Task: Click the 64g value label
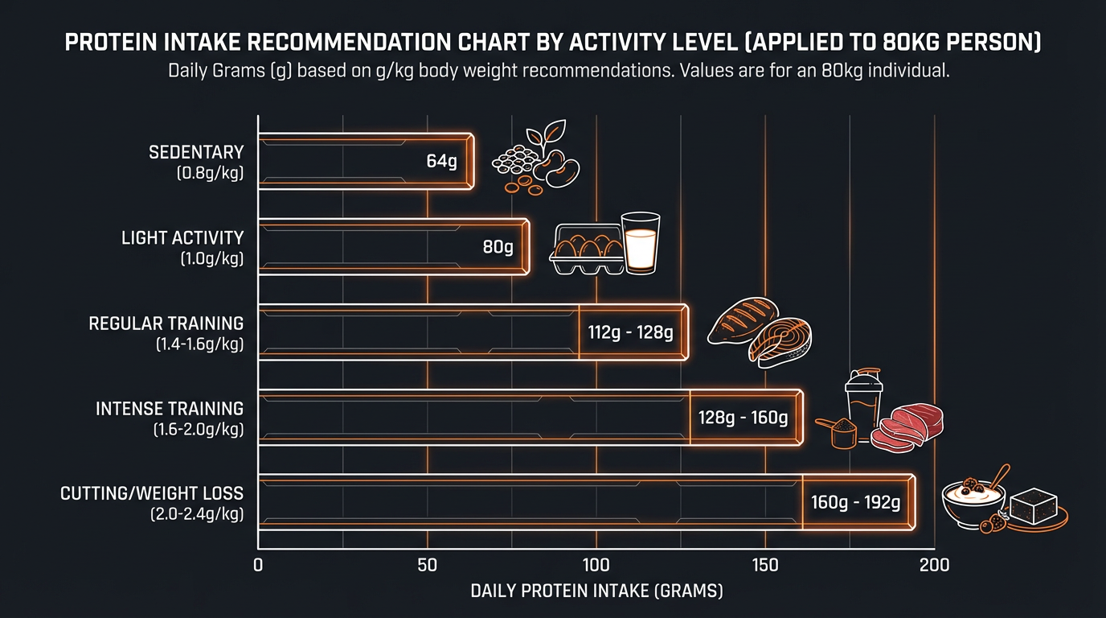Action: tap(441, 161)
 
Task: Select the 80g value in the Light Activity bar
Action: tap(498, 247)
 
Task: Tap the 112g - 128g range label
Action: tap(630, 332)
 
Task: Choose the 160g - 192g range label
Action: tap(855, 503)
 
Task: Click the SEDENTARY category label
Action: tap(195, 152)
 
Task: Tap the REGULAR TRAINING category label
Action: tap(166, 323)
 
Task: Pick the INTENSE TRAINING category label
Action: tap(169, 409)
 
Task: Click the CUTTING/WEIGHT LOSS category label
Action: tap(151, 493)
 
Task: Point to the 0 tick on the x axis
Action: tap(258, 565)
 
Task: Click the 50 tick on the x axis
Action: tap(428, 565)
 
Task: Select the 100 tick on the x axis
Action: tap(596, 565)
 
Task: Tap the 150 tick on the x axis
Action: tap(765, 565)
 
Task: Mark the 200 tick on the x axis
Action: tap(934, 565)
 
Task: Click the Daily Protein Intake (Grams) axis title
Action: tap(596, 591)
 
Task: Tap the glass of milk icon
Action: tap(641, 243)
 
